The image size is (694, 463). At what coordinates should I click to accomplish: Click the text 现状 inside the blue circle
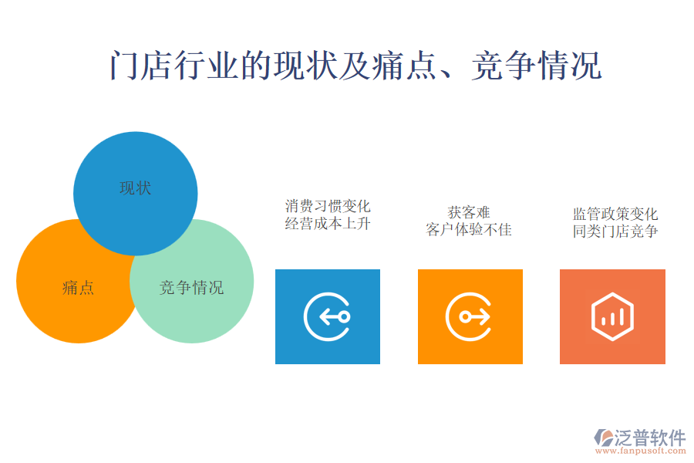pos(136,188)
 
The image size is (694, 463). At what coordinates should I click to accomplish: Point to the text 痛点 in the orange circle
pos(78,288)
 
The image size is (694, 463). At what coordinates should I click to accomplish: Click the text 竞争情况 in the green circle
pos(192,288)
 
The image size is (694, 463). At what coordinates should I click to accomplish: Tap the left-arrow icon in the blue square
pos(328,317)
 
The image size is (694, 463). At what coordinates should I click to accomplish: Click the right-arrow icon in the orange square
pos(470,317)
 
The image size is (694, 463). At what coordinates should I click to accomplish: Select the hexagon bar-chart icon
pos(612,317)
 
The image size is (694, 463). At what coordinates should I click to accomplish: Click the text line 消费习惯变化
pos(328,206)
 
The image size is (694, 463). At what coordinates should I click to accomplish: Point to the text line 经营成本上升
pos(328,224)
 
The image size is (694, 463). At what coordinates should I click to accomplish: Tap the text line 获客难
pos(469,213)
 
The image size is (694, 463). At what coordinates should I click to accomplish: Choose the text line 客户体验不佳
pos(469,229)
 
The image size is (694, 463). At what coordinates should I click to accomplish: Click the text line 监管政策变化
pos(615,214)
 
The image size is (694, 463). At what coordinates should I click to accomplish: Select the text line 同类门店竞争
pos(615,231)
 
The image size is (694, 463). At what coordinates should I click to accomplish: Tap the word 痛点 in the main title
pos(403,66)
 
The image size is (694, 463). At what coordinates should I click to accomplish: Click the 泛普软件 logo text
pos(650,438)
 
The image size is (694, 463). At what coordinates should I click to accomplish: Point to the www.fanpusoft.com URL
pos(641,451)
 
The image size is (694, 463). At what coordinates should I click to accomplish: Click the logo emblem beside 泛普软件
pos(603,438)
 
